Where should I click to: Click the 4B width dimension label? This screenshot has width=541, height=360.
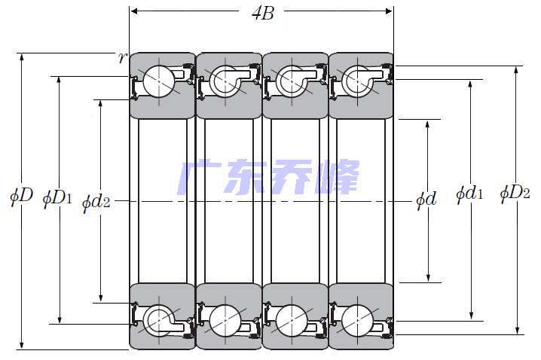[261, 14]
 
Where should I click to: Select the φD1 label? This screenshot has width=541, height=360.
[57, 199]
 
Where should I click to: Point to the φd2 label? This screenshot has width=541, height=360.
[96, 201]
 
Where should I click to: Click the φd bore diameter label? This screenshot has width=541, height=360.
[426, 200]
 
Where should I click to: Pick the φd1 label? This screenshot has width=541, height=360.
[469, 195]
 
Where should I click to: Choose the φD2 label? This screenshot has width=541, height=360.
[515, 194]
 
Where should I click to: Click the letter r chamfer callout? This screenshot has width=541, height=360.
[122, 59]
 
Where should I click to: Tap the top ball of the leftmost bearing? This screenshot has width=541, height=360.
[160, 81]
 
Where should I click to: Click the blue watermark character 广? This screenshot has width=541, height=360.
[197, 178]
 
